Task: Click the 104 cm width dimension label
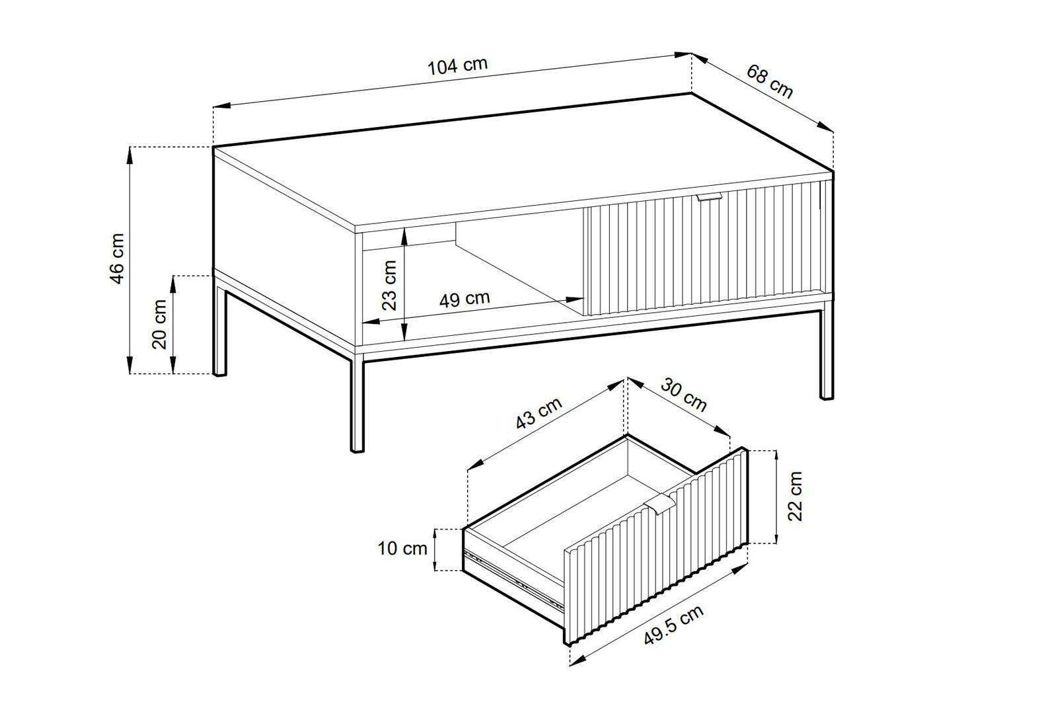(x=457, y=66)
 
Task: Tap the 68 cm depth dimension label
(x=769, y=81)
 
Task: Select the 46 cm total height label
(x=117, y=258)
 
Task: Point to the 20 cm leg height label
(x=159, y=324)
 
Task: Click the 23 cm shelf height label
(x=389, y=286)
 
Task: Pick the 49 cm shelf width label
(x=465, y=299)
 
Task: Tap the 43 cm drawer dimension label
(x=539, y=413)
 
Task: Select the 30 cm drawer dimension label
(x=684, y=395)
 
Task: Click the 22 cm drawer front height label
(x=795, y=496)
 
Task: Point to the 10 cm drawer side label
(x=402, y=548)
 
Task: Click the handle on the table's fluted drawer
(x=708, y=198)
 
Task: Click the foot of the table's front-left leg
(x=357, y=449)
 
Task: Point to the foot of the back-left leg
(x=219, y=373)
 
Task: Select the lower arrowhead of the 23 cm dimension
(x=404, y=331)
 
